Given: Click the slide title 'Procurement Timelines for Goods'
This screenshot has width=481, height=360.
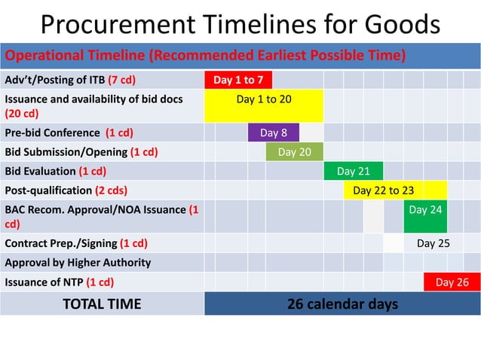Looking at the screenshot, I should pos(240,24).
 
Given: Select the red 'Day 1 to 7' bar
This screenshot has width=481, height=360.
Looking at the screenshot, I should pos(238,80).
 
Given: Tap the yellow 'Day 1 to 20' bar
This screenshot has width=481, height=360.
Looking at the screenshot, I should pos(264,105).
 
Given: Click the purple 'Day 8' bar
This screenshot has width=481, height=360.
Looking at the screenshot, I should pos(274,133).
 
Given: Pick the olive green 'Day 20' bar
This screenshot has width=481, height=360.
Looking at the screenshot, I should pos(294,152).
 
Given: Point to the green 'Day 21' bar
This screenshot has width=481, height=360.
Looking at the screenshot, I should pos(353,172).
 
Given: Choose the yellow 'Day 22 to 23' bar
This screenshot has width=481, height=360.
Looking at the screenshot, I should pos(395,191).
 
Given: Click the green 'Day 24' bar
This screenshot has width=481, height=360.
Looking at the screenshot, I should pos(425,216).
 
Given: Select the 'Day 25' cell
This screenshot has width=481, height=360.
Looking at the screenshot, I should pos(433,243).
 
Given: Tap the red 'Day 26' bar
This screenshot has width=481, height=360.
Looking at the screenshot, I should pos(452,282).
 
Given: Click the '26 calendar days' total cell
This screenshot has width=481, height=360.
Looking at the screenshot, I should pos(342,304).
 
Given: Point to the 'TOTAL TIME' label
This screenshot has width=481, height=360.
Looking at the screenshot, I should pos(102,304).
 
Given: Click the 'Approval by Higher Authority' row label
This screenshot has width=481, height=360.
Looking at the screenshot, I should pos(78,263).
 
